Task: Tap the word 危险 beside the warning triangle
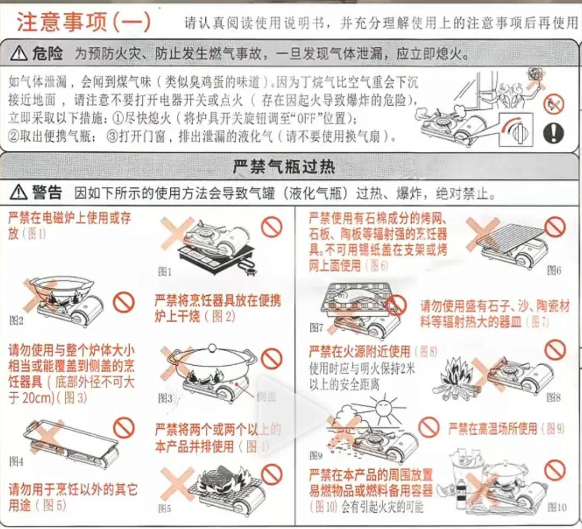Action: click(47, 54)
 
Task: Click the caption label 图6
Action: click(553, 270)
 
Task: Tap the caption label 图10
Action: click(557, 507)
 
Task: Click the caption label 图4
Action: click(17, 462)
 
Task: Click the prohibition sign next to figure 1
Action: click(272, 227)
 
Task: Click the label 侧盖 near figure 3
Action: click(267, 397)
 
